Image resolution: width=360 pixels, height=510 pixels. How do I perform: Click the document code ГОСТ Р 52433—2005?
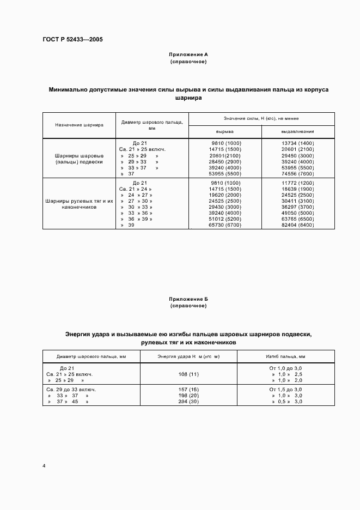coord(72,40)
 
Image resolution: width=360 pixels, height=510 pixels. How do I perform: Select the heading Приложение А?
coord(188,55)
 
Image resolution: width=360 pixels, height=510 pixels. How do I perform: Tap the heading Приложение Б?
coord(188,299)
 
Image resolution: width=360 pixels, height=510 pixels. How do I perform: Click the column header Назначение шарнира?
coord(79,125)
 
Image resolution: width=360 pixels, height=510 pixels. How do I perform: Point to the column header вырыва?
coord(225,131)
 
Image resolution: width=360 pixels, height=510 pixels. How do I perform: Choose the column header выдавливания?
coord(297,131)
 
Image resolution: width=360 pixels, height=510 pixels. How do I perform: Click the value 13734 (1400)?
coord(298,143)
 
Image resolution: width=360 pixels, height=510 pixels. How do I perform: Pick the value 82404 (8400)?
coord(298,224)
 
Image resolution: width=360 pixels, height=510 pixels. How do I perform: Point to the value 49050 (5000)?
coord(298,212)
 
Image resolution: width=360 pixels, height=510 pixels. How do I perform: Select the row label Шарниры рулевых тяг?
coord(79,201)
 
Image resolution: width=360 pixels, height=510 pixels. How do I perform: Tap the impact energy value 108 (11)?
coord(188,375)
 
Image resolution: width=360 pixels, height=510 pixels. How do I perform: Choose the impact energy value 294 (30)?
coord(188,401)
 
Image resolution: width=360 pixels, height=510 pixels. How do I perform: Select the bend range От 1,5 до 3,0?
coord(285,390)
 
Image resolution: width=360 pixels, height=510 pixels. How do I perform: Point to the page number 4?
coord(44,466)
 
